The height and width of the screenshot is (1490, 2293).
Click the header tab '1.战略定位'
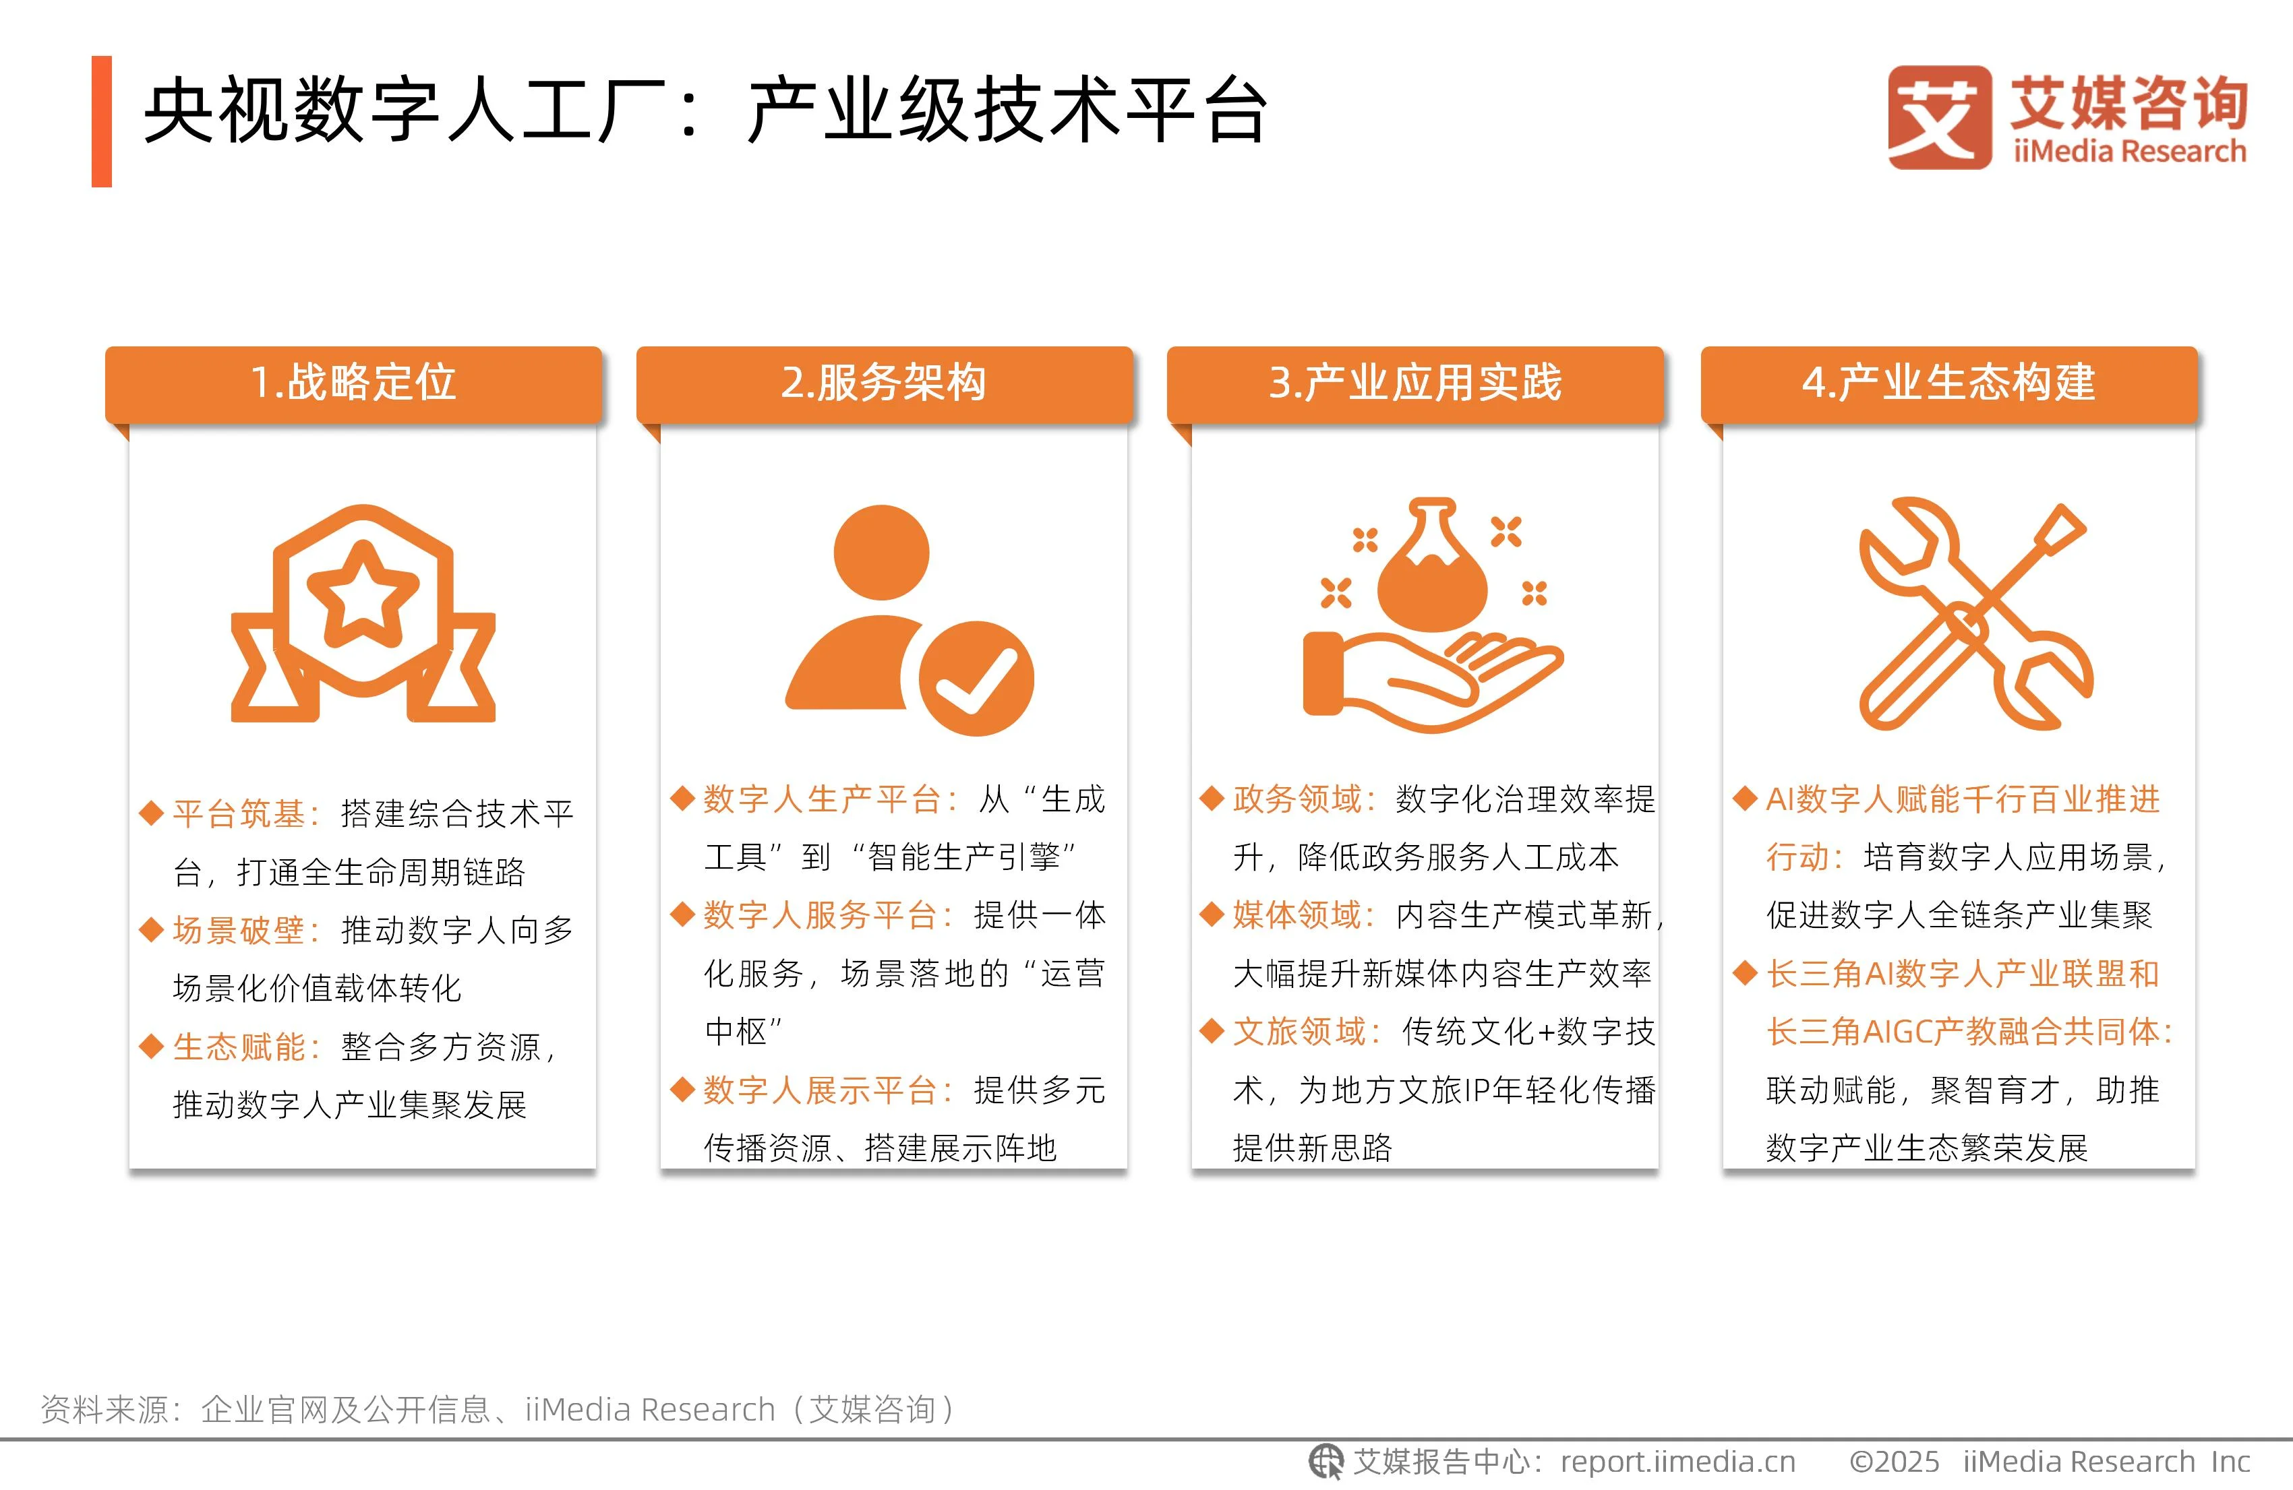[x=353, y=383]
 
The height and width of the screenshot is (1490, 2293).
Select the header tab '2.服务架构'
[x=885, y=383]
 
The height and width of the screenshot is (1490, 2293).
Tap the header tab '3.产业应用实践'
[x=1415, y=383]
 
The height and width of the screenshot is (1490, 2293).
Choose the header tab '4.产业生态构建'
[x=1949, y=383]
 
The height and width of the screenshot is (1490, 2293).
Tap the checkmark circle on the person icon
[x=976, y=678]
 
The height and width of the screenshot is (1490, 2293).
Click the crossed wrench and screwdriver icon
[x=1975, y=613]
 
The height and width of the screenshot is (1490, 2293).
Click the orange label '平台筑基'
[x=239, y=815]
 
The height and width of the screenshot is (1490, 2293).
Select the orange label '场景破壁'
[x=239, y=931]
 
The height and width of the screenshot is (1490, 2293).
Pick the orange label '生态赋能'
[x=239, y=1047]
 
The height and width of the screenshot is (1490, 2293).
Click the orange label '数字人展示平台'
[x=820, y=1090]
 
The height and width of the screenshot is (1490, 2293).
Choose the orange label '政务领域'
[x=1298, y=799]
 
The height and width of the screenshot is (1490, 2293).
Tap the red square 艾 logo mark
[x=1940, y=117]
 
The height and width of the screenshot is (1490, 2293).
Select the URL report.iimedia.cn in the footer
[x=1677, y=1462]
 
